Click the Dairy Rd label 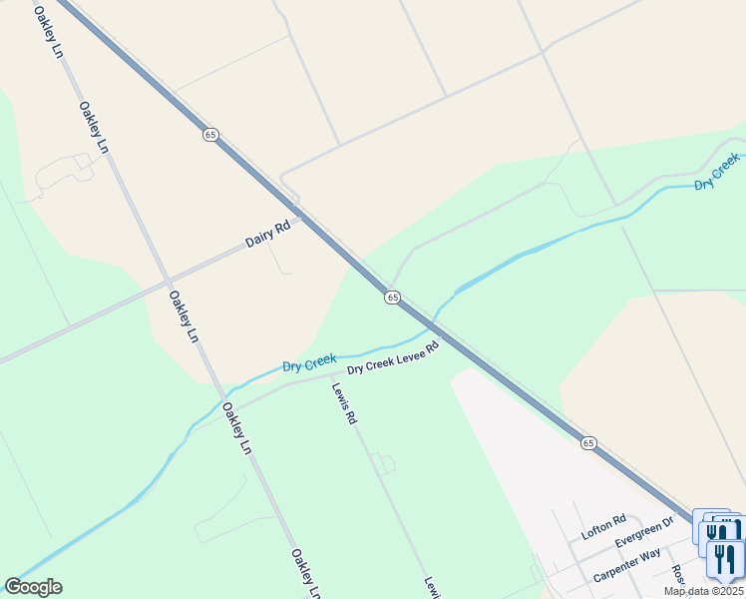(267, 235)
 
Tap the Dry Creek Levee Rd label (393, 360)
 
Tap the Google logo (33, 587)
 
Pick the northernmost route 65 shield (209, 135)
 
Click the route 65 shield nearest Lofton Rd (588, 442)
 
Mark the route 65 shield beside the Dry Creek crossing (392, 298)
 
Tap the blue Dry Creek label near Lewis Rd (309, 364)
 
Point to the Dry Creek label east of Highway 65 (717, 172)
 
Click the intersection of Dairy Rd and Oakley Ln (166, 281)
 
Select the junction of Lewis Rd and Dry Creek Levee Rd (331, 375)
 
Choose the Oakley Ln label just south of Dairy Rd (183, 315)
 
